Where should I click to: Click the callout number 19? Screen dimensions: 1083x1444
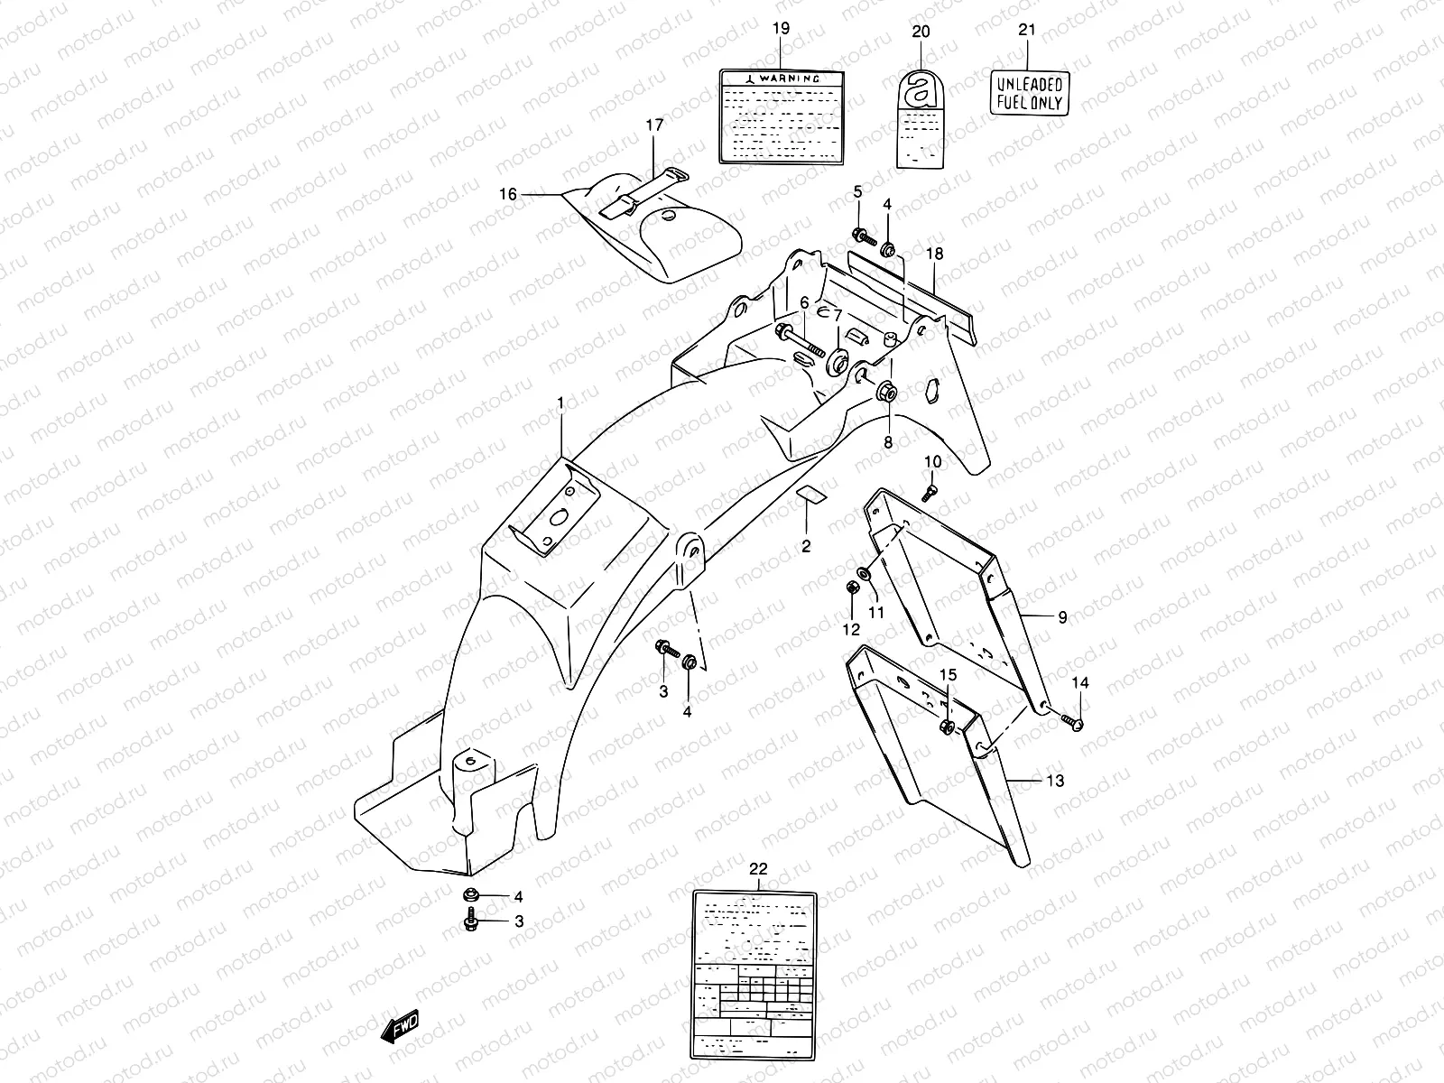[x=781, y=29]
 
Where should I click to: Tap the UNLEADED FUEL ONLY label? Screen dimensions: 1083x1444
[x=1030, y=94]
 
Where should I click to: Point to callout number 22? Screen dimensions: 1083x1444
[x=758, y=869]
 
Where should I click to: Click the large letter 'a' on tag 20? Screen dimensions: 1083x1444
[x=920, y=90]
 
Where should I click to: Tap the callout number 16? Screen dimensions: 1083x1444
[x=508, y=194]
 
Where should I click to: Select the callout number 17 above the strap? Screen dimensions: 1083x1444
[x=654, y=125]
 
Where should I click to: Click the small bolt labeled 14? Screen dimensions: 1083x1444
[x=1072, y=721]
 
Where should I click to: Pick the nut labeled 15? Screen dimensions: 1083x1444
[x=945, y=727]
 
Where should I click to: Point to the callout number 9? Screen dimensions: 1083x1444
[x=1062, y=617]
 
